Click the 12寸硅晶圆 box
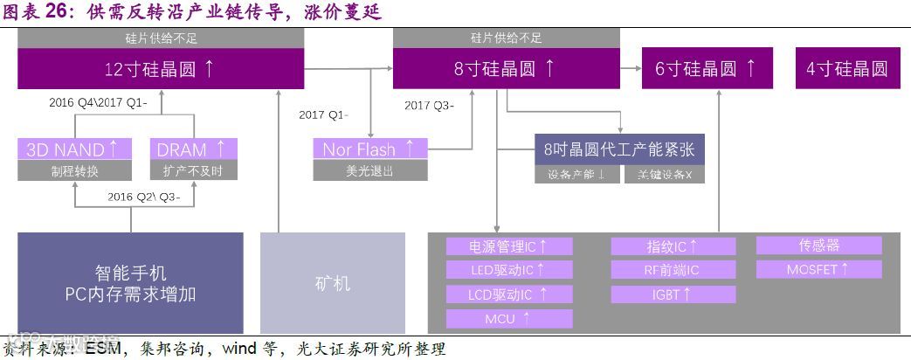[x=161, y=69]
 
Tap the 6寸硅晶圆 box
[x=707, y=69]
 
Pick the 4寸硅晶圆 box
[x=847, y=69]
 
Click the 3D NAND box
[x=75, y=149]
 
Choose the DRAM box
[x=193, y=149]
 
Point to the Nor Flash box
[x=370, y=149]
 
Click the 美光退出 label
[x=370, y=170]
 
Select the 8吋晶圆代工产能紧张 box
[x=619, y=149]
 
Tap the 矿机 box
[x=333, y=283]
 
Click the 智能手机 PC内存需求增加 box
[x=131, y=283]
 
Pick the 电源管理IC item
[x=509, y=246]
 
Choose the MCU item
[x=509, y=319]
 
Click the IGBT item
[x=673, y=294]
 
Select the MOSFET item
[x=818, y=269]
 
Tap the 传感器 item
[x=818, y=246]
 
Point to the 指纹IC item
[x=673, y=246]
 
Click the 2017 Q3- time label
[x=429, y=106]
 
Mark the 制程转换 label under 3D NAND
[x=75, y=170]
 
